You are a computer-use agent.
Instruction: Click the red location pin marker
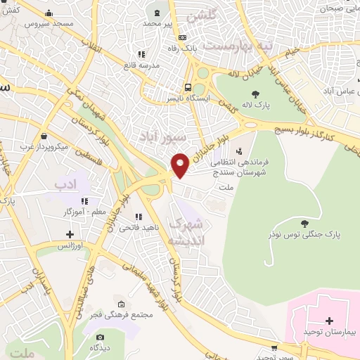(181, 163)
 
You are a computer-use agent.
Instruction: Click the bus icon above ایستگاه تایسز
(188, 88)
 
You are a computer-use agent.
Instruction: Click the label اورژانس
(70, 246)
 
